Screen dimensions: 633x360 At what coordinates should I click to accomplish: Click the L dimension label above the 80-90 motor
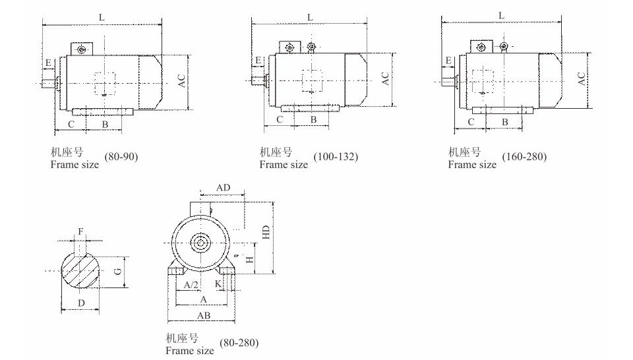pos(102,17)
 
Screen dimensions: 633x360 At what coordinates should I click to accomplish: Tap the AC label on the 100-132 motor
pos(386,78)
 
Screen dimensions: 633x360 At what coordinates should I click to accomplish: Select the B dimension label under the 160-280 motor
pos(504,122)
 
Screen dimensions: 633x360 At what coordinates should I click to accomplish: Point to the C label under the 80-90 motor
pos(71,124)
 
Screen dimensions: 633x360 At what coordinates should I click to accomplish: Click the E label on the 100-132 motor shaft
pos(258,61)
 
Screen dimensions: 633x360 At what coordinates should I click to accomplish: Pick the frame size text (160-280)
pos(524,156)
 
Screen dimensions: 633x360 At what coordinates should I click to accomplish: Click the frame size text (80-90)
pos(121,156)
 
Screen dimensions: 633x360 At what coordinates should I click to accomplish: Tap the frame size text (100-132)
pos(336,156)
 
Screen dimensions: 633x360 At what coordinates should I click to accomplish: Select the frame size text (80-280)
pos(239,343)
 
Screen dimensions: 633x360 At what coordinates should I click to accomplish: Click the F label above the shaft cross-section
pos(80,231)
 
